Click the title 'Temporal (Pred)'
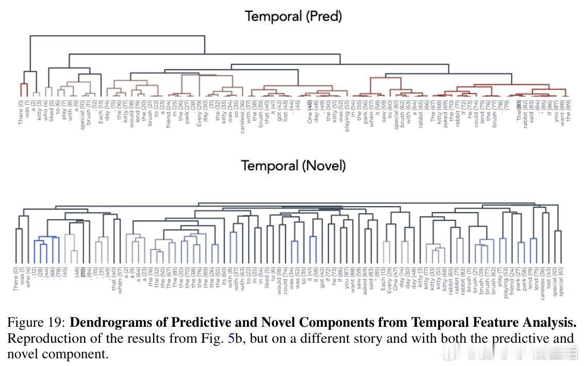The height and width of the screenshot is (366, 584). (293, 17)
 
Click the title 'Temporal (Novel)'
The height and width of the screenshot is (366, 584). (293, 166)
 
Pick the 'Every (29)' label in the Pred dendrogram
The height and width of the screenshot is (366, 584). (199, 113)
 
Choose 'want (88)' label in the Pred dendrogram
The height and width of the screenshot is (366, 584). (562, 113)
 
